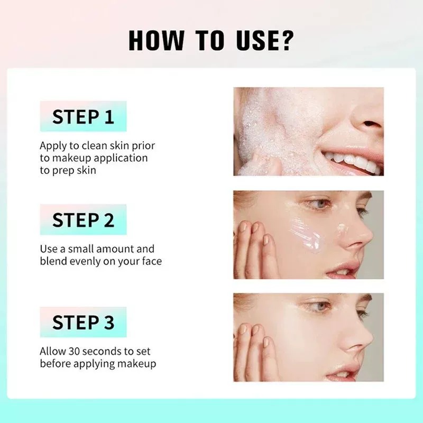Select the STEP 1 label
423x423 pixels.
point(83,117)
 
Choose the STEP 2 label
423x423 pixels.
point(83,220)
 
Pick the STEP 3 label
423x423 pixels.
point(83,323)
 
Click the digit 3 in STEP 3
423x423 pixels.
point(108,323)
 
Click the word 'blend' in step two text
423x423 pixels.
point(53,261)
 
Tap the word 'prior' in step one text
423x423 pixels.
point(143,145)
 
